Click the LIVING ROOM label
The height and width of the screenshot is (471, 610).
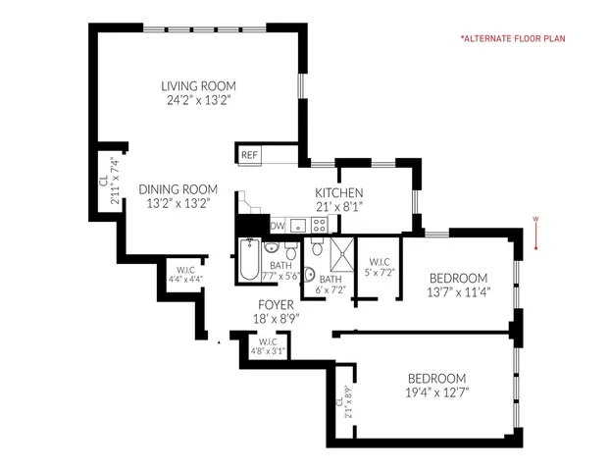click(199, 85)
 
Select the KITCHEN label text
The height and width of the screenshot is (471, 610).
click(339, 193)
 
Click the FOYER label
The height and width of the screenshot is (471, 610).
click(274, 304)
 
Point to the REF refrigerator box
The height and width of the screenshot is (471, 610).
click(249, 155)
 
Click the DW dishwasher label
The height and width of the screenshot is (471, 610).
click(278, 227)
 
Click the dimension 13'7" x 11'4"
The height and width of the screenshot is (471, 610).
click(459, 290)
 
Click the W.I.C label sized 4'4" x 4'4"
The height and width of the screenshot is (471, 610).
click(185, 270)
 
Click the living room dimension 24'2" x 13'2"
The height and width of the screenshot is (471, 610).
click(199, 99)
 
